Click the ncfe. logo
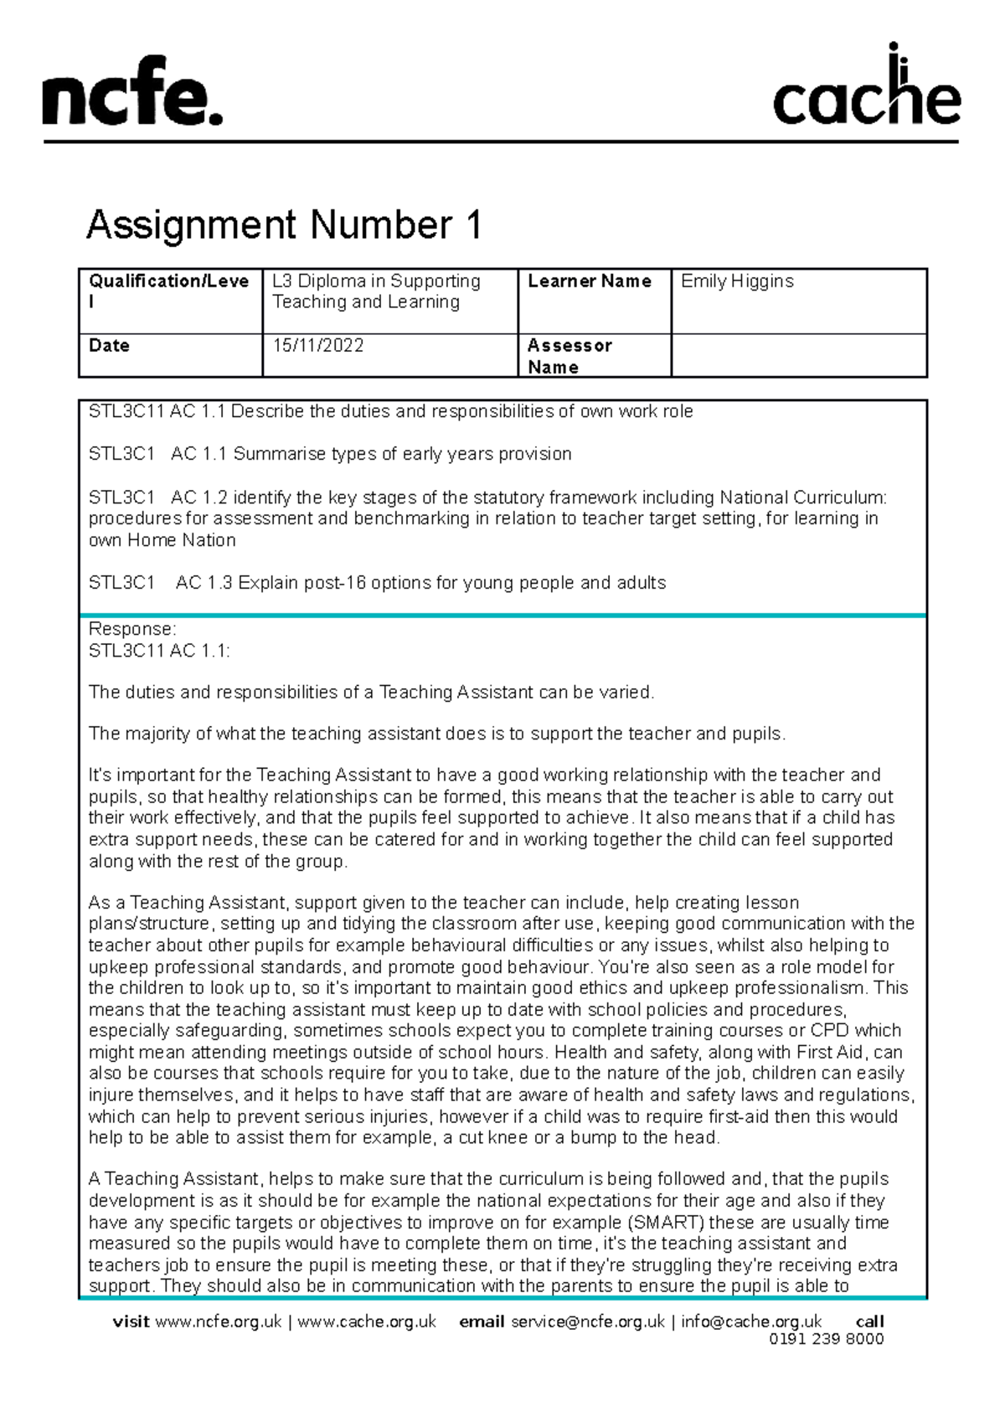[132, 92]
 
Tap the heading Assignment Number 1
[284, 225]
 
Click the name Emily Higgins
[737, 281]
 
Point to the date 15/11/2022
[318, 346]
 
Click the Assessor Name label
[569, 356]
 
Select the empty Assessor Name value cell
[798, 356]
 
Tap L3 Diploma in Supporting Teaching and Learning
[376, 291]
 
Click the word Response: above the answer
[132, 629]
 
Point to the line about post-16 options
[377, 583]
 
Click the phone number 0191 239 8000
[826, 1339]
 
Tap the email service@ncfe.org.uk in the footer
[587, 1322]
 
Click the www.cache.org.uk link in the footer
[367, 1322]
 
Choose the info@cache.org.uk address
[750, 1322]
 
